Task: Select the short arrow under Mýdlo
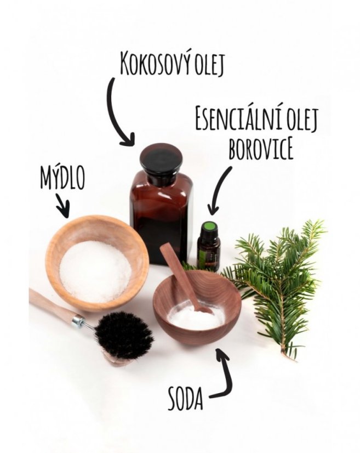pyautogui.click(x=62, y=206)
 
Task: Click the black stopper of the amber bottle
pyautogui.click(x=161, y=165)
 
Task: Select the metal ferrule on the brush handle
pyautogui.click(x=78, y=321)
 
